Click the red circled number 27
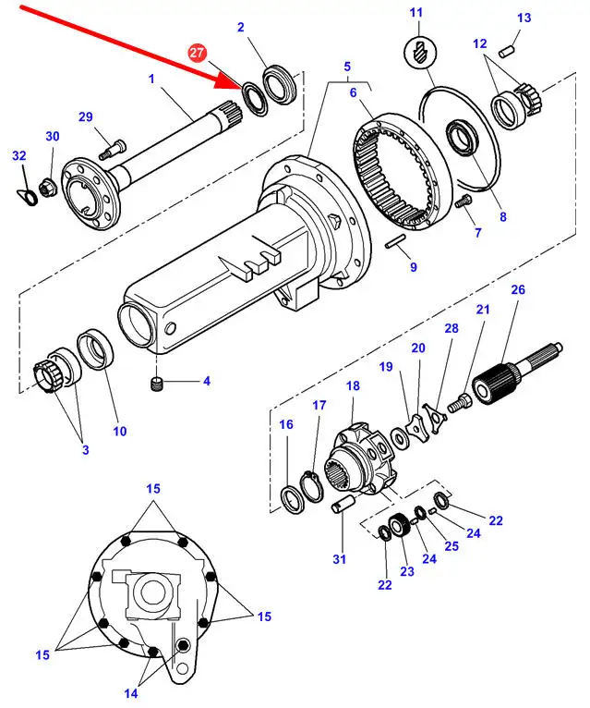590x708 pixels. point(197,53)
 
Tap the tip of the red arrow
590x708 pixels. point(244,86)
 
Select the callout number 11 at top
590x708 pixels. point(415,12)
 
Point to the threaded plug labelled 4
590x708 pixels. point(156,384)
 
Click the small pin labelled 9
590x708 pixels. point(395,241)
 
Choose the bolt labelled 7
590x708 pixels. point(463,201)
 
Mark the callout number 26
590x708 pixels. point(518,289)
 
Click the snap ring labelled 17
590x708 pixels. point(311,485)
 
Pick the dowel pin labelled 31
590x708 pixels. point(343,504)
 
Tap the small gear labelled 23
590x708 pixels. point(399,526)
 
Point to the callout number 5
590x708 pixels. point(347,67)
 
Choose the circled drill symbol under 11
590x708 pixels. point(419,53)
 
